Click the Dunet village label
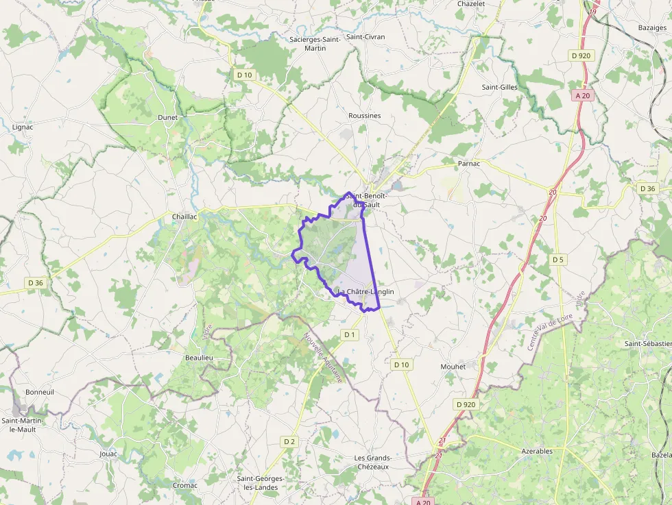[167, 117]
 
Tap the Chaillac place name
[184, 217]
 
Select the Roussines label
[364, 116]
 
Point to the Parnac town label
[469, 164]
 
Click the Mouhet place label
[453, 367]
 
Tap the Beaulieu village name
[199, 358]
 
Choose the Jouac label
[108, 454]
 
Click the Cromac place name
[184, 485]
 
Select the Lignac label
[23, 127]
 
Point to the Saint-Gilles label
[499, 87]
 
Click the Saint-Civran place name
[365, 37]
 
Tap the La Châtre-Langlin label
[365, 292]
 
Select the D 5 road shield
[557, 260]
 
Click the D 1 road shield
[350, 334]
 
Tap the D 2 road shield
[289, 441]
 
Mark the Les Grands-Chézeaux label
[372, 462]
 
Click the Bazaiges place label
[652, 28]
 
